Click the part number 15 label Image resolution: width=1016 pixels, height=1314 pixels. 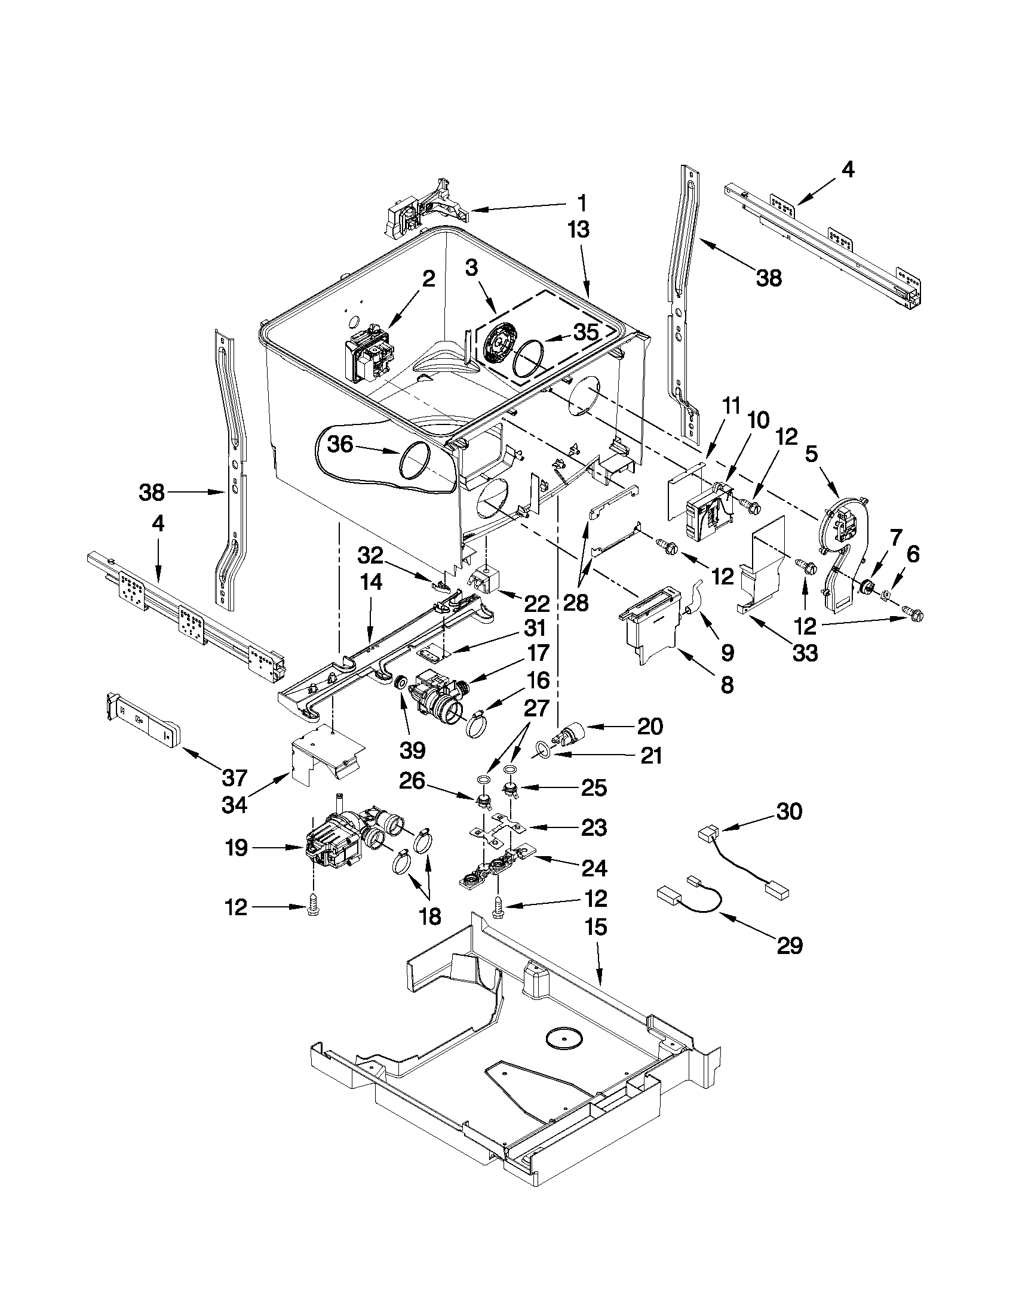596,927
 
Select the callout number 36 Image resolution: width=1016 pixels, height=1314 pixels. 340,445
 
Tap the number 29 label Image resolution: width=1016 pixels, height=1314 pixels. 790,946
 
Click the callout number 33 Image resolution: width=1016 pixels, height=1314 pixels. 805,652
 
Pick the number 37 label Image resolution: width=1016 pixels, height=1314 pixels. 235,778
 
